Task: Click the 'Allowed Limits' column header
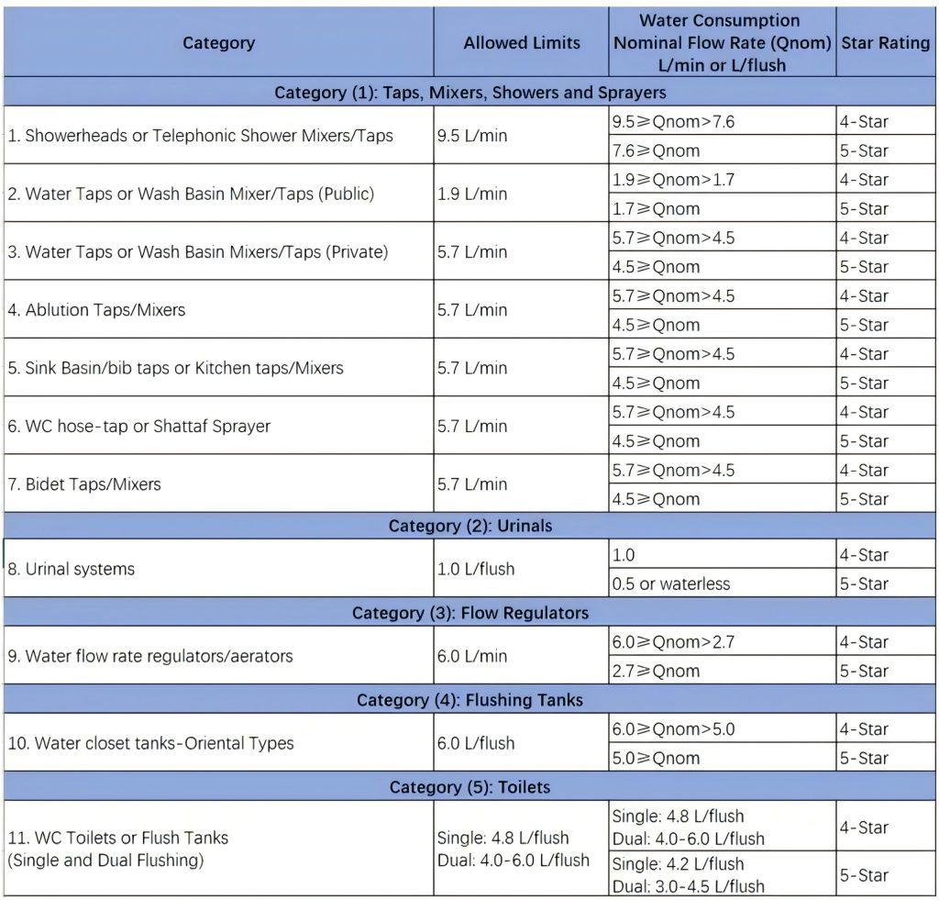[x=521, y=43]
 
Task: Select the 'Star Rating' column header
[x=885, y=43]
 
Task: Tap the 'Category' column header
[x=218, y=43]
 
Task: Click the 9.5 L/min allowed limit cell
[x=472, y=136]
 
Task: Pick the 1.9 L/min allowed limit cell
[x=472, y=194]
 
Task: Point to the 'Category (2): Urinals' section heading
[x=469, y=526]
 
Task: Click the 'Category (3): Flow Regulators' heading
[x=469, y=613]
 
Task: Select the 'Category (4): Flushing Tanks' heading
[x=469, y=700]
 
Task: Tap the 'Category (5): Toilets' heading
[x=469, y=787]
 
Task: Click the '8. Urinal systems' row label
[x=72, y=569]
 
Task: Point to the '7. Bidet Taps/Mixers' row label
[x=84, y=484]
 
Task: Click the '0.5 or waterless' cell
[x=671, y=583]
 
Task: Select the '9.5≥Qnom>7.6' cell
[x=673, y=122]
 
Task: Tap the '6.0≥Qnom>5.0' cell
[x=673, y=729]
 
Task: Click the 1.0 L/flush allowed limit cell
[x=476, y=569]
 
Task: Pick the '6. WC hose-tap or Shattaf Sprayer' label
[x=139, y=426]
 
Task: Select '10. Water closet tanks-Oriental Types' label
[x=150, y=743]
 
